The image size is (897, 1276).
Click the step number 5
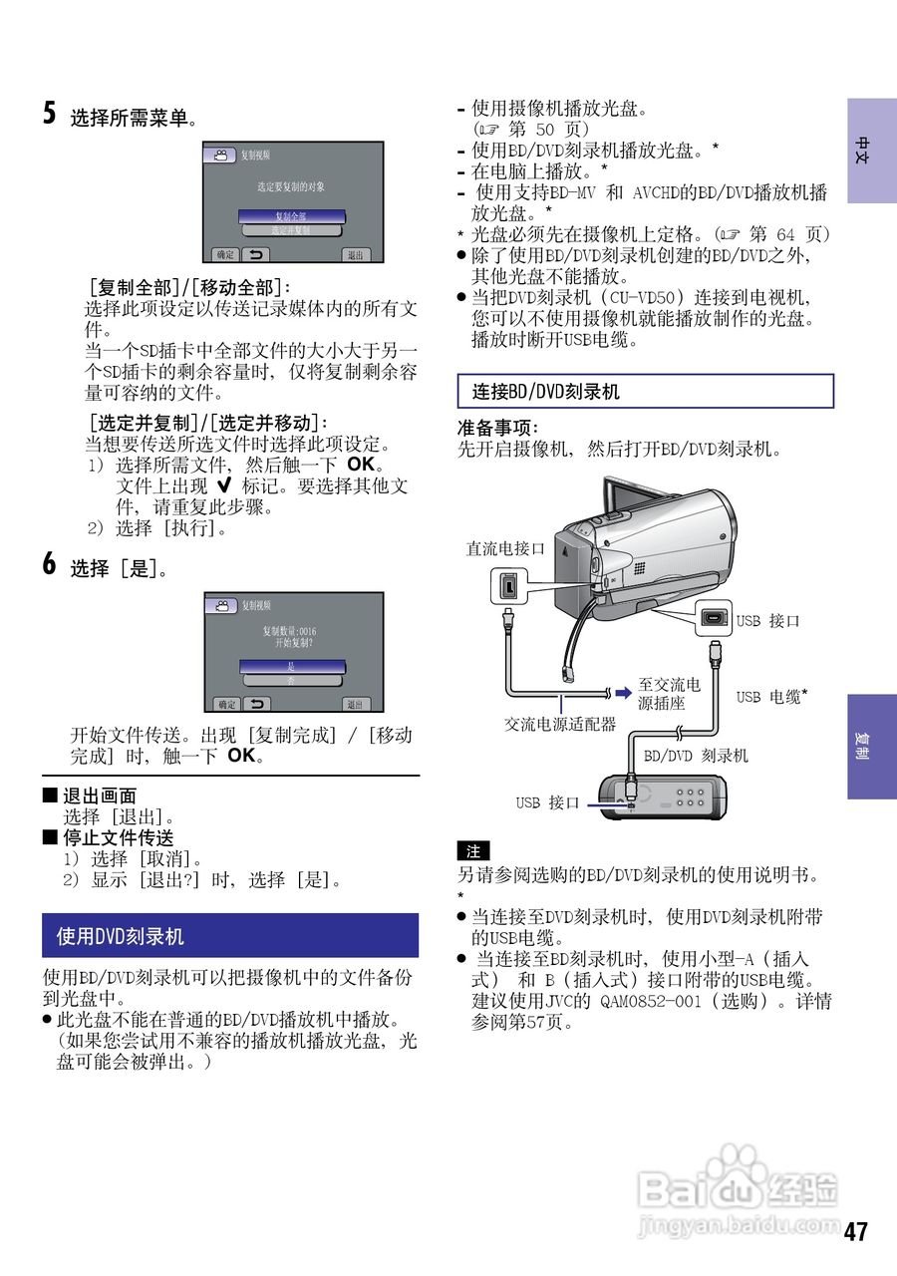[49, 113]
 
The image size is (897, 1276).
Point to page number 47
[855, 1231]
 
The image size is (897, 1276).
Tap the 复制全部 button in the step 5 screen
[292, 215]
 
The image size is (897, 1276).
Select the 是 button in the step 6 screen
[292, 665]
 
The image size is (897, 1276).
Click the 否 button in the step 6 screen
[292, 680]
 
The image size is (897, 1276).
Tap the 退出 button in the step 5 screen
[355, 254]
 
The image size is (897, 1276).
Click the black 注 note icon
[473, 851]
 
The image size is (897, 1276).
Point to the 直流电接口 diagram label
[506, 548]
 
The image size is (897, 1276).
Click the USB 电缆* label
[771, 697]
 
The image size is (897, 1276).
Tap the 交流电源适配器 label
[559, 725]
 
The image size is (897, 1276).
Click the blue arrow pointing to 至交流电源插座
[623, 692]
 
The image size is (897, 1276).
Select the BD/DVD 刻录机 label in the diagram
[696, 756]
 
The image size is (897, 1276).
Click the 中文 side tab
[871, 151]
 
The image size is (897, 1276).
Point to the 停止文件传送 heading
[118, 837]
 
